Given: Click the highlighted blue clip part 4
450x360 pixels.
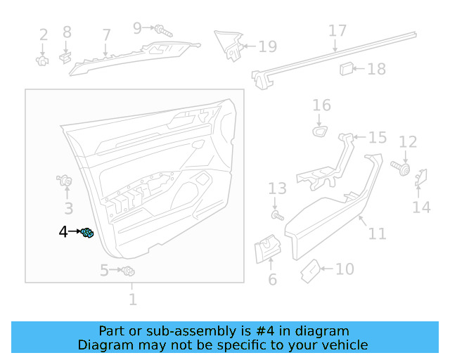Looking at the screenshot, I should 88,233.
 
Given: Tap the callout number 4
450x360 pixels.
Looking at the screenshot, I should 63,231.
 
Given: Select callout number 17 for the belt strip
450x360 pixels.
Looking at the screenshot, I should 337,31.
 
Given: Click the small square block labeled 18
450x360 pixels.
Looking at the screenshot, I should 347,68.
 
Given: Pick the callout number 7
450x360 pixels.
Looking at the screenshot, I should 106,34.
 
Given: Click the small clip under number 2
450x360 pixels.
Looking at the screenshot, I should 42,60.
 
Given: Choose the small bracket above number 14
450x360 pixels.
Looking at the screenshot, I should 422,179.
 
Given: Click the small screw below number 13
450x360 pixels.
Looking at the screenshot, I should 277,214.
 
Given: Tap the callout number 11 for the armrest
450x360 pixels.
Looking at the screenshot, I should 378,233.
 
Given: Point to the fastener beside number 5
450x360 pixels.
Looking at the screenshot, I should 128,271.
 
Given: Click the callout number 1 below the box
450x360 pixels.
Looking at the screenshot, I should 132,300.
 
